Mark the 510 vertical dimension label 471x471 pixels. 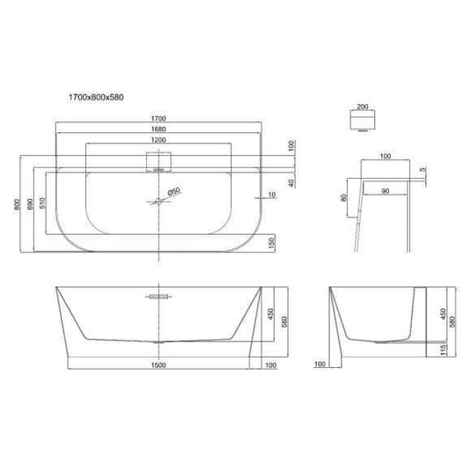click(x=42, y=203)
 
